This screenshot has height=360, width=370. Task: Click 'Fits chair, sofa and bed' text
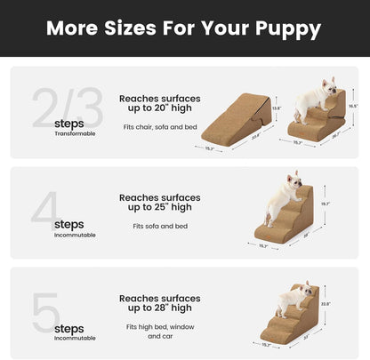pyautogui.click(x=159, y=127)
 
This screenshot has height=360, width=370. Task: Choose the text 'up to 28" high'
pyautogui.click(x=159, y=308)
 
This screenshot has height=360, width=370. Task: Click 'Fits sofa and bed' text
pyautogui.click(x=159, y=226)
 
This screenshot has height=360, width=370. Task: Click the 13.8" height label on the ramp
pyautogui.click(x=276, y=108)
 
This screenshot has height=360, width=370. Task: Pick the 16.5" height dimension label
pyautogui.click(x=353, y=105)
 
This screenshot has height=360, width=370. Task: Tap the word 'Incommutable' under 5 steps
pyautogui.click(x=74, y=339)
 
